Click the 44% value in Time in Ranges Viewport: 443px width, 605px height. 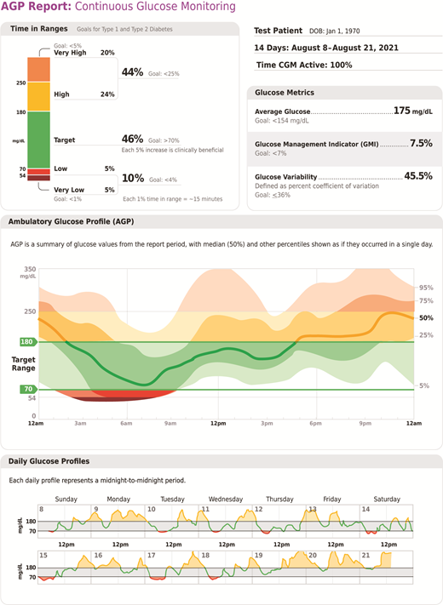[x=133, y=73]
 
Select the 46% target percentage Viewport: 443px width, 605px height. [x=133, y=138]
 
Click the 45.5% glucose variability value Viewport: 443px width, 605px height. [x=416, y=176]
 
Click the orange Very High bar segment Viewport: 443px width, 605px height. [x=39, y=69]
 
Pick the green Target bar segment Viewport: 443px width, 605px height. [x=39, y=139]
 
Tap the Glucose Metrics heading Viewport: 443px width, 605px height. [x=285, y=93]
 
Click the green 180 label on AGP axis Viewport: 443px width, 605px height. [x=27, y=342]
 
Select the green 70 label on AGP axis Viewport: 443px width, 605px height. [x=27, y=389]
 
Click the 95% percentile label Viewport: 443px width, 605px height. [x=426, y=288]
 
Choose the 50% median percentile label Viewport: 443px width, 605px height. [x=426, y=317]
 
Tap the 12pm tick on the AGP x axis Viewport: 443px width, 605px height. [x=218, y=423]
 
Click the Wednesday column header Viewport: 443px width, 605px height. [x=226, y=499]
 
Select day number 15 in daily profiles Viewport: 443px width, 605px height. [x=42, y=555]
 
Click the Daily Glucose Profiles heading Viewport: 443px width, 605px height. [x=49, y=461]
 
